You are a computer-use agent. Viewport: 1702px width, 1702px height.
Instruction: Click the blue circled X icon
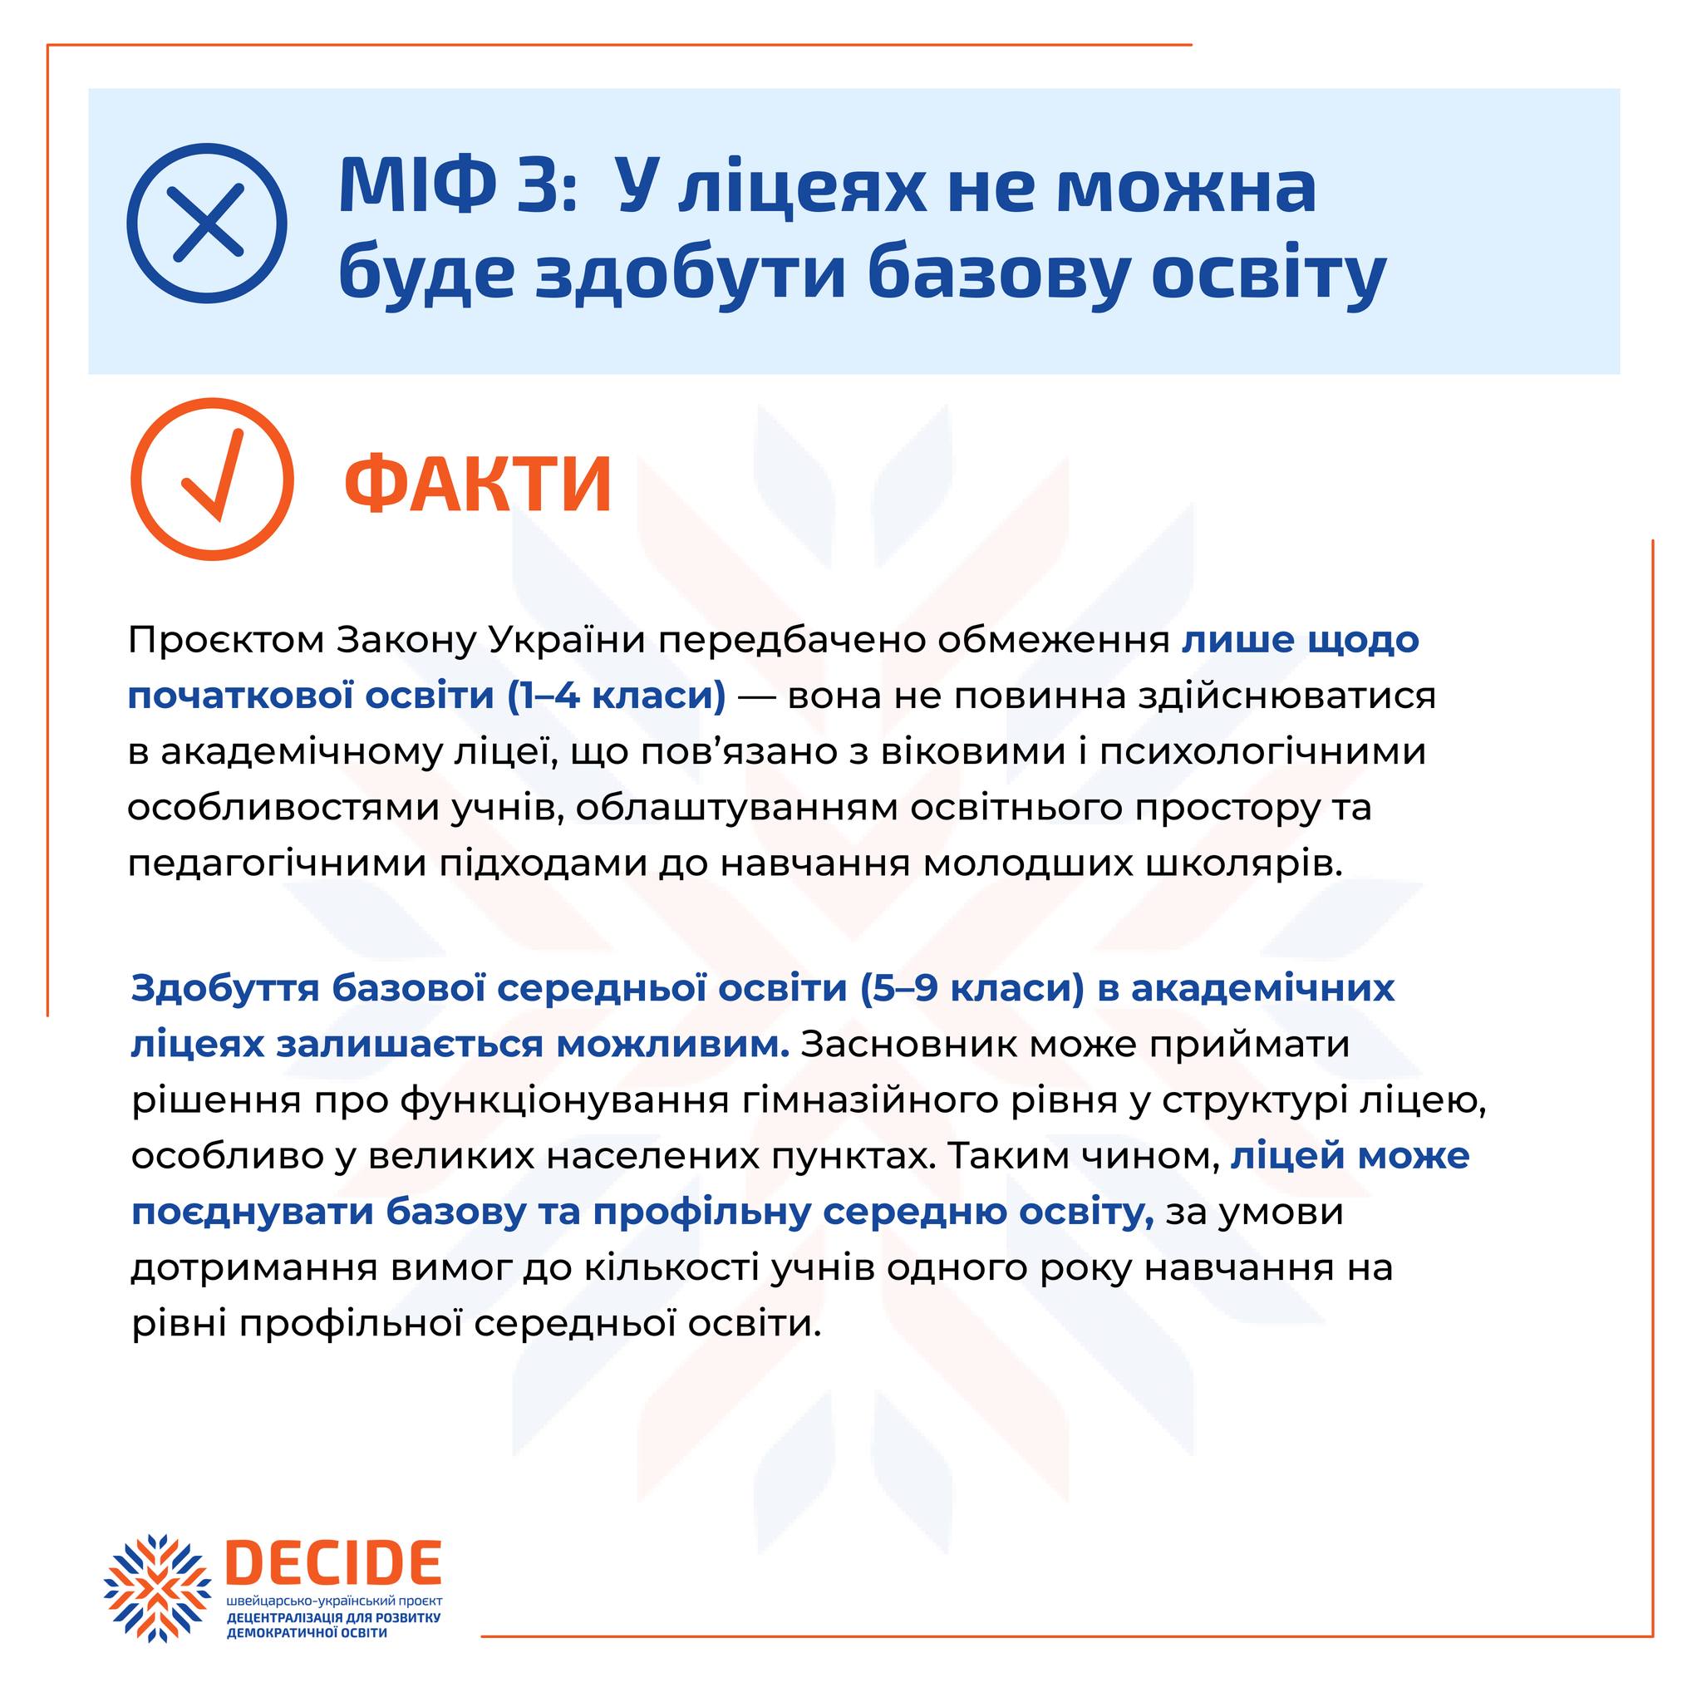coord(208,223)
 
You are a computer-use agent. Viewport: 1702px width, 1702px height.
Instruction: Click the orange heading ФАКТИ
coord(479,485)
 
